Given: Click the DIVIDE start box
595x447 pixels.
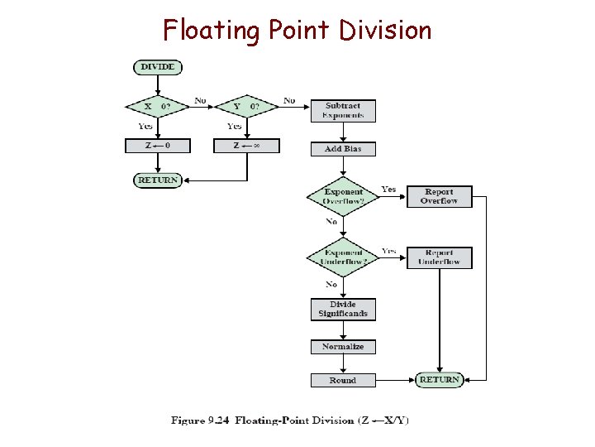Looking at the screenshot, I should point(157,67).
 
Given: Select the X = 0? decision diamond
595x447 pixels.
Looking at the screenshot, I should point(157,107).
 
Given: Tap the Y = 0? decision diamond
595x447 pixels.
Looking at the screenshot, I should point(246,107).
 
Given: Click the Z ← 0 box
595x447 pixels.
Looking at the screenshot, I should point(157,146).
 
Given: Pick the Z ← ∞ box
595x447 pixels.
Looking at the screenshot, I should point(246,146).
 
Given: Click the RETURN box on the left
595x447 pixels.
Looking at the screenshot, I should point(157,180).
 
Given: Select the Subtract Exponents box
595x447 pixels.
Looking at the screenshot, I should point(343,111).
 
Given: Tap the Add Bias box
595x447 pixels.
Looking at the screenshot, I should point(343,149).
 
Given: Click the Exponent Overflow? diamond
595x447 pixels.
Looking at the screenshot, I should point(343,197).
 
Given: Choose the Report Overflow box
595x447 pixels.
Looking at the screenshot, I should point(439,196).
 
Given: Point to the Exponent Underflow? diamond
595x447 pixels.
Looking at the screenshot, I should point(343,257).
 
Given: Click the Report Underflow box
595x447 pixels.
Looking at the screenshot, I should point(439,257).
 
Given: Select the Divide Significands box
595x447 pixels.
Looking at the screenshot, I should point(343,310).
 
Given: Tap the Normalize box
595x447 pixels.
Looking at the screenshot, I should point(343,347).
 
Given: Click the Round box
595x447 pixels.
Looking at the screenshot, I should point(343,381).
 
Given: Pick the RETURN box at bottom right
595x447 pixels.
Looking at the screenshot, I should point(439,380).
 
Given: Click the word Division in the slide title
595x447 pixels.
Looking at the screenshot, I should point(384,31).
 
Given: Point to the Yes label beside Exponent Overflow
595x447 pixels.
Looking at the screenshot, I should point(388,190).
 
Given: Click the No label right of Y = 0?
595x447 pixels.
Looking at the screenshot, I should point(289,101).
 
